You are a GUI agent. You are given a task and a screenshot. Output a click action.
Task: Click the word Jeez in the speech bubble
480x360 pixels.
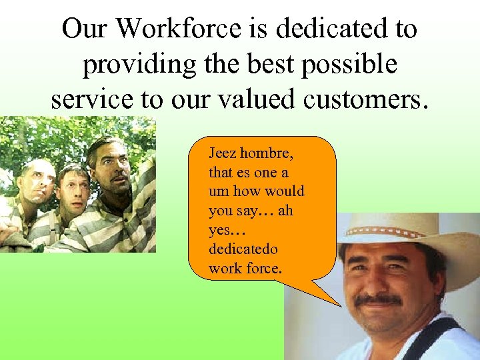pyautogui.click(x=221, y=153)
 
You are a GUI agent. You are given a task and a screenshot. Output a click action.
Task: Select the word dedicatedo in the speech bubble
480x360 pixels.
pyautogui.click(x=243, y=249)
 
